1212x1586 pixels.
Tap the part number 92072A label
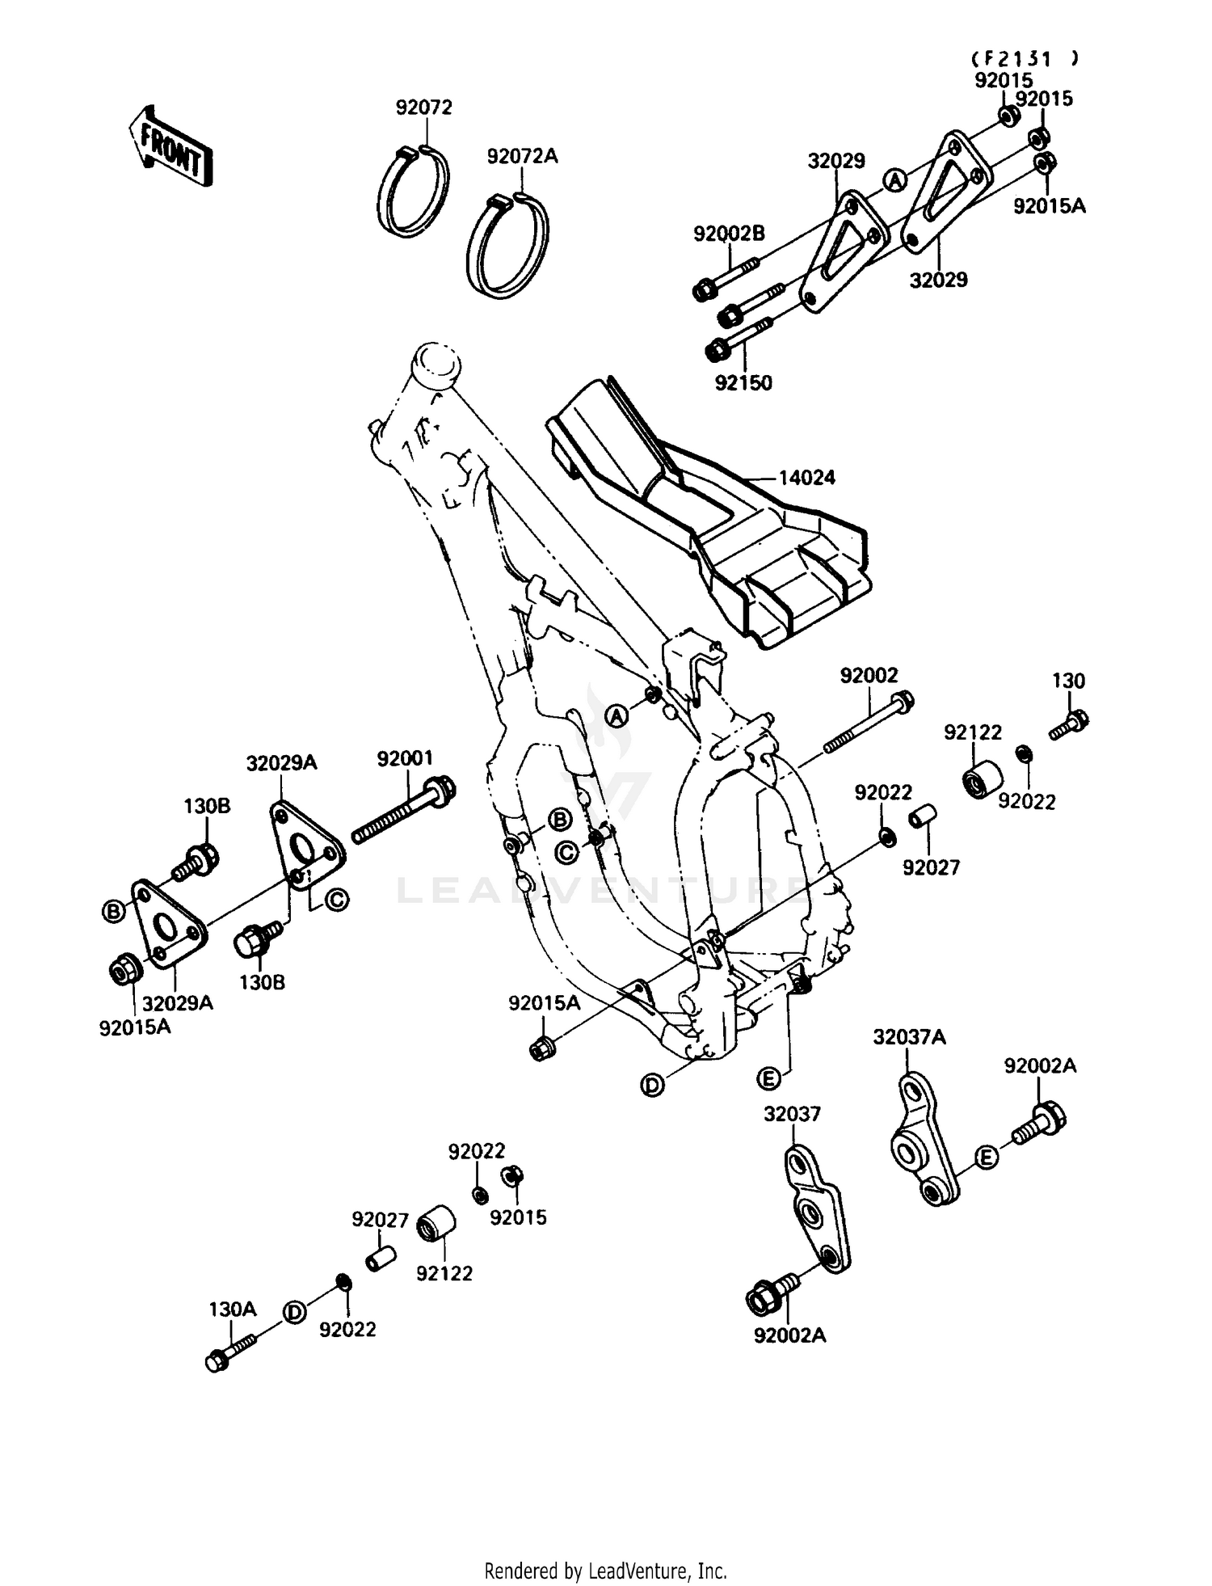pos(522,157)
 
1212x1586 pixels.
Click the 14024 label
pos(806,478)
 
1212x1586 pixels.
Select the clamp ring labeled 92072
pos(415,192)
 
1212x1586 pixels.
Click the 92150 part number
pos(743,383)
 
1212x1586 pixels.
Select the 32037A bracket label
pos(909,1037)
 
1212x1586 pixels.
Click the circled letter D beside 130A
pos(295,1313)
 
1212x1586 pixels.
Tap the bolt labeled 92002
pos(869,721)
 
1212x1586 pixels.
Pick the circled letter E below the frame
pos(768,1078)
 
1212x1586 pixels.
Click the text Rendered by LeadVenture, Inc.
pos(605,1571)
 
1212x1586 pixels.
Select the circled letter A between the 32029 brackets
pos(894,181)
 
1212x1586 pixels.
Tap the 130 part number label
pos(1068,681)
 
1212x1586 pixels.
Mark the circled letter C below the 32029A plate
pos(336,900)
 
